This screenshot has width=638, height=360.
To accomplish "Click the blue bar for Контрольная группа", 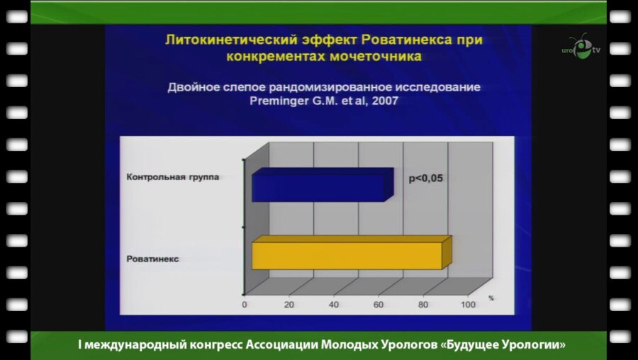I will (320, 186).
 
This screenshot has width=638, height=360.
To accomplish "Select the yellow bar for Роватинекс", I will (348, 254).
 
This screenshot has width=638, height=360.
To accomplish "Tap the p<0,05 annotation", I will (425, 179).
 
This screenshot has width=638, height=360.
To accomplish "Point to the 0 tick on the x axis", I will (245, 305).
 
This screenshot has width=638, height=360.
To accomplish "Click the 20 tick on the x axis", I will (289, 305).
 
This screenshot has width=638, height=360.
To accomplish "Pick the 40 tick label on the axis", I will (334, 305).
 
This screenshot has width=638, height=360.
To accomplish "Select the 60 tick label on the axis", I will (379, 305).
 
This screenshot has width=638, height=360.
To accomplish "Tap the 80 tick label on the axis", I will (423, 305).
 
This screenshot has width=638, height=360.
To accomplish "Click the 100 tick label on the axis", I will (468, 305).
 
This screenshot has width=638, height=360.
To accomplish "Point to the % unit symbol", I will (490, 298).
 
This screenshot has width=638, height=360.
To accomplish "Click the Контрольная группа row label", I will (172, 177).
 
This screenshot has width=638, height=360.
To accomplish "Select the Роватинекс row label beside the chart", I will (152, 259).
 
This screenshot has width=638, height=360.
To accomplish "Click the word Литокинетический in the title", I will (220, 41).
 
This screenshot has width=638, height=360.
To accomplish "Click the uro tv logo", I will (581, 48).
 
